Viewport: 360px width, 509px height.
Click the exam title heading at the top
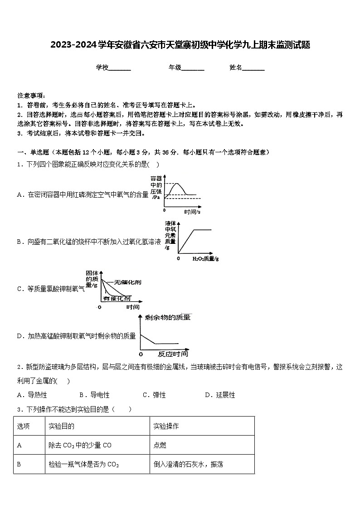click(180, 45)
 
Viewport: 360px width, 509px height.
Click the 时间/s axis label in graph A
click(192, 212)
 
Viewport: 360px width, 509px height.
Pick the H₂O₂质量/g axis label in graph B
click(205, 258)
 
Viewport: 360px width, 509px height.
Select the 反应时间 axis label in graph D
click(172, 354)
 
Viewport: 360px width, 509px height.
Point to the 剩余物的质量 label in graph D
click(167, 317)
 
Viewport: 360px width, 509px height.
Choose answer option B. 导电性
click(94, 395)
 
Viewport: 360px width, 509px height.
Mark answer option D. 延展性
click(220, 395)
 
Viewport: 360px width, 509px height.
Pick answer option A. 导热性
click(32, 395)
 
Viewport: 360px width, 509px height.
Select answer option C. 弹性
click(154, 395)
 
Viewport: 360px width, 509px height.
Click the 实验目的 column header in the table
click(61, 426)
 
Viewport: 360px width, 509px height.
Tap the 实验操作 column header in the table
click(166, 426)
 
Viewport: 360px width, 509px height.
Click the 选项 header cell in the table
click(24, 426)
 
